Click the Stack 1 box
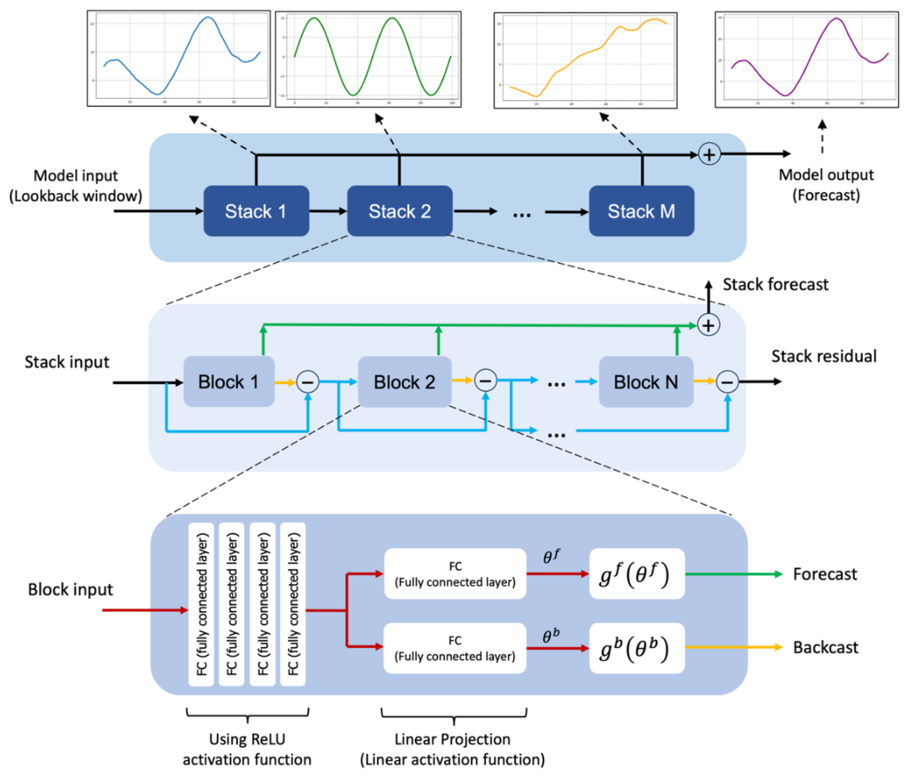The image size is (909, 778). [256, 211]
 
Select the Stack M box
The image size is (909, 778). [641, 211]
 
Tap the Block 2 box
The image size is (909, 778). [405, 382]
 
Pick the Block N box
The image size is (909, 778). [646, 382]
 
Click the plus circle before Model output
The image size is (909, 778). [709, 155]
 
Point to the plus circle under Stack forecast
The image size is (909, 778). [708, 325]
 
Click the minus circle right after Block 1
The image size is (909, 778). [307, 382]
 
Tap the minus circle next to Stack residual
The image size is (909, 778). [727, 382]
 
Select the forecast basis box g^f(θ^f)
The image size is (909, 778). [637, 574]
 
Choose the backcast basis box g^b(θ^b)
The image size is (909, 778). [637, 648]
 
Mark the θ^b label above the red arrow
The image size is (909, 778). [551, 636]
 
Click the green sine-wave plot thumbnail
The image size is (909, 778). [368, 59]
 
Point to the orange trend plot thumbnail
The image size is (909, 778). [585, 61]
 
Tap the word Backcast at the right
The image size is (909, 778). [825, 647]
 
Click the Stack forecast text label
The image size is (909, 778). [775, 284]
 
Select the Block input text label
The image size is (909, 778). [70, 589]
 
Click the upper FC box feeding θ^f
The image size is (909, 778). [455, 574]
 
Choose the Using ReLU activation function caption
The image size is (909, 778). [247, 749]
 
